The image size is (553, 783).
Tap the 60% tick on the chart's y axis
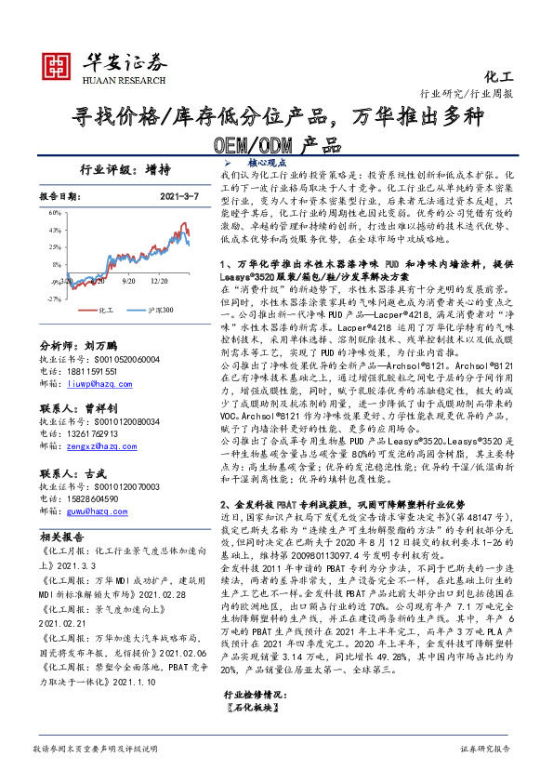pyautogui.click(x=55, y=212)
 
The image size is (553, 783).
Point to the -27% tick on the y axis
pyautogui.click(x=54, y=299)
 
